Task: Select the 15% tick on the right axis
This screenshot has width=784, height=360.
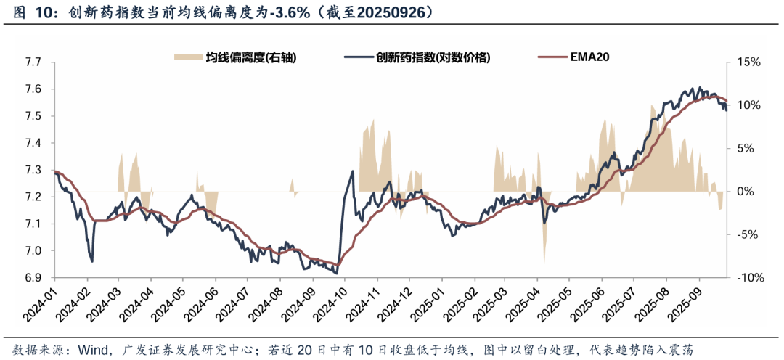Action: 748,62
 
